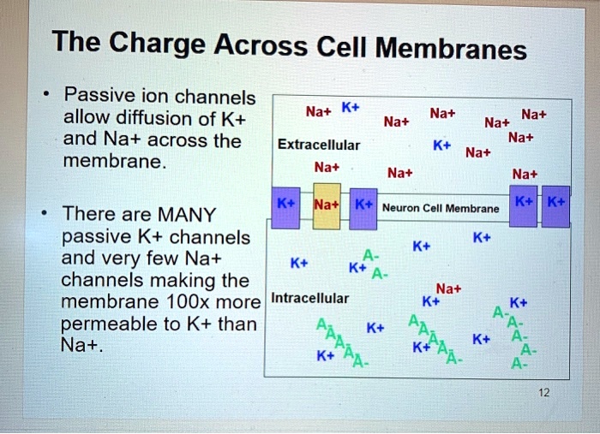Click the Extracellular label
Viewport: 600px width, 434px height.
pos(319,146)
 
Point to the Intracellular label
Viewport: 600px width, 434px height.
pos(309,298)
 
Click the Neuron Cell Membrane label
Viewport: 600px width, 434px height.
pos(440,208)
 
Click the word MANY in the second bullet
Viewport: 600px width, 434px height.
pos(188,214)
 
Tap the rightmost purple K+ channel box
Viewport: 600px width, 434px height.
pos(555,205)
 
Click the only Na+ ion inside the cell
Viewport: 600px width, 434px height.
pos(448,289)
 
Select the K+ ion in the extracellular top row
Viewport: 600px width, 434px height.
pos(350,109)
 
